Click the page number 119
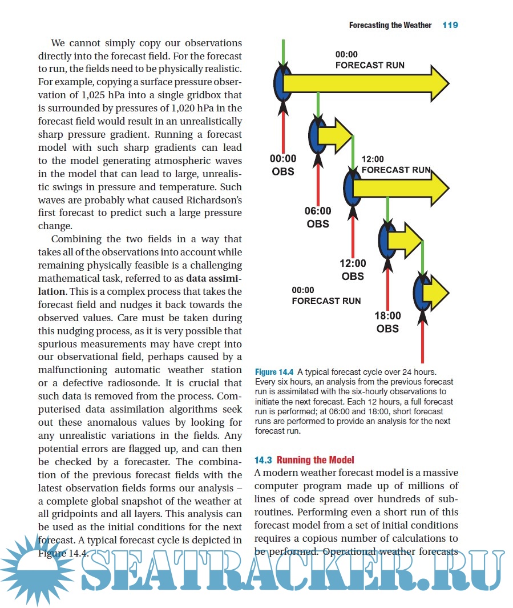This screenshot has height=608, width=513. pyautogui.click(x=450, y=25)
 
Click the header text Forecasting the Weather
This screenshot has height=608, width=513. pyautogui.click(x=390, y=25)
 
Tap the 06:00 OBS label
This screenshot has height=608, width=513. pyautogui.click(x=318, y=218)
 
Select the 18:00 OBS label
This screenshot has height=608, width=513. pyautogui.click(x=388, y=322)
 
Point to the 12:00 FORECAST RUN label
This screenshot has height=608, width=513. pyautogui.click(x=396, y=165)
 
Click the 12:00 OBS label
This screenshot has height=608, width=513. pyautogui.click(x=353, y=270)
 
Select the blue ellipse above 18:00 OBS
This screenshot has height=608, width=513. pyautogui.click(x=422, y=291)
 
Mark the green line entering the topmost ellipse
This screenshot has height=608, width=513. pyautogui.click(x=282, y=53)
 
